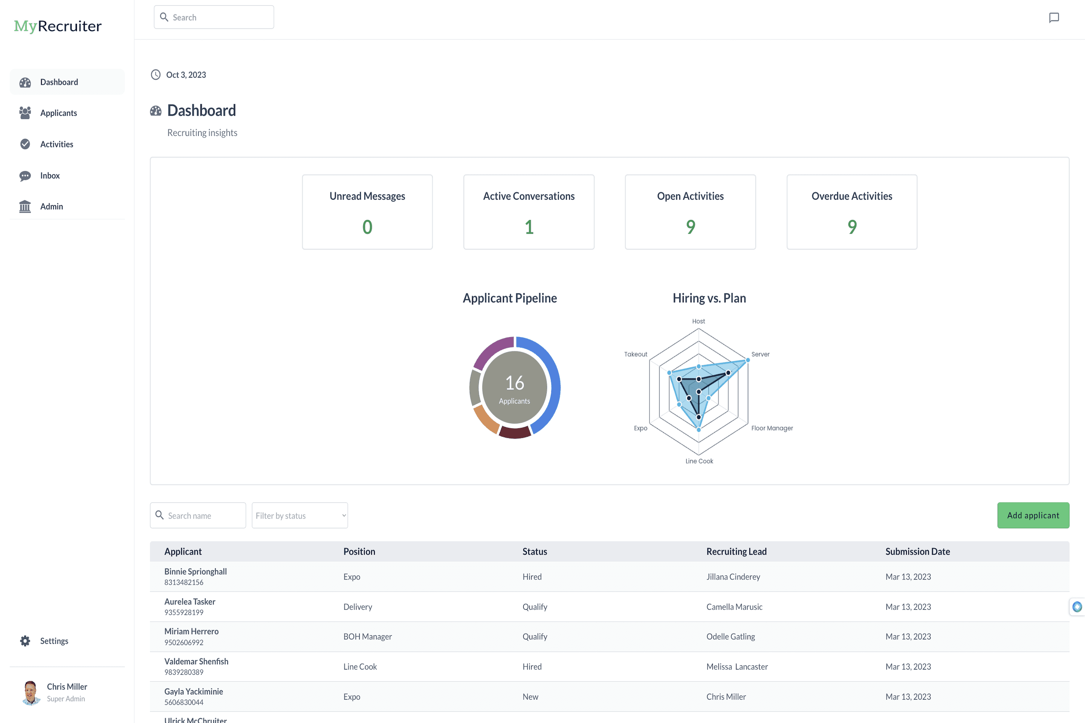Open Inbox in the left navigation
49,176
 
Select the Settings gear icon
25,641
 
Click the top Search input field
214,18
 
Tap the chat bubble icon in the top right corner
1054,18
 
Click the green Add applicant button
1033,516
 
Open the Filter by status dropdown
300,516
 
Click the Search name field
199,516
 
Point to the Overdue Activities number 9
851,227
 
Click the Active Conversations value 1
529,227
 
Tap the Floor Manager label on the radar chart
772,429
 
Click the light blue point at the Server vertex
748,360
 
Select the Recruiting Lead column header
736,551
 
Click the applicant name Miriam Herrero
191,631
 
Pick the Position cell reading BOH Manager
368,637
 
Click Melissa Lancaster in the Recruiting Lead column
737,667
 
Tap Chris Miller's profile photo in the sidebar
31,692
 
